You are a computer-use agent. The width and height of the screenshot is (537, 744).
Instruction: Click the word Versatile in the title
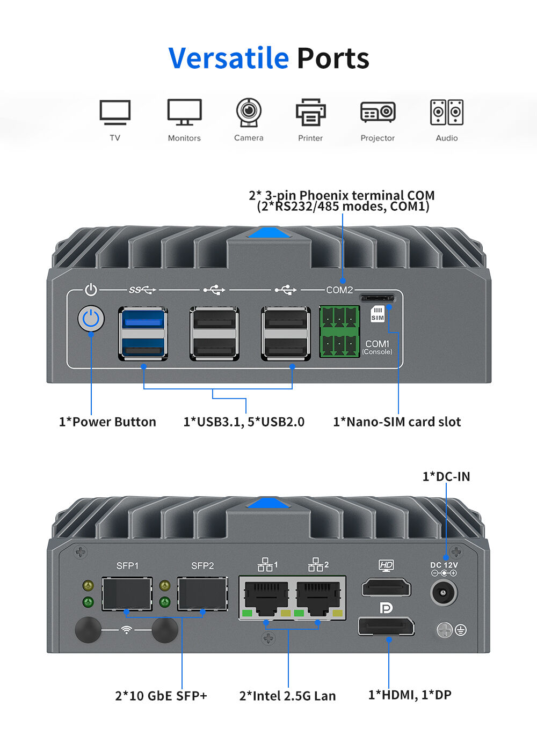tap(229, 58)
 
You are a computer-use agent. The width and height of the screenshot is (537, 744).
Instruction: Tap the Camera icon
tap(249, 112)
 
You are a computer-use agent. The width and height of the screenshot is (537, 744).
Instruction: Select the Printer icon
tap(310, 112)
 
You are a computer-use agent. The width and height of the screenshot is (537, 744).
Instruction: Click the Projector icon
tap(378, 112)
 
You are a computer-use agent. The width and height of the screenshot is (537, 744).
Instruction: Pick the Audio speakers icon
tap(447, 112)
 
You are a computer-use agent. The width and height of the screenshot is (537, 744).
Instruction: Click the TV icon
tap(115, 112)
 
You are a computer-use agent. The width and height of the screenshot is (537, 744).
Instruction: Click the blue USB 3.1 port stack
tap(143, 334)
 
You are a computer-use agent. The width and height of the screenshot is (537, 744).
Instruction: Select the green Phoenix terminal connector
tap(339, 332)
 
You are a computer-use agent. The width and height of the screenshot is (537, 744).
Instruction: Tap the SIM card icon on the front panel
tap(378, 314)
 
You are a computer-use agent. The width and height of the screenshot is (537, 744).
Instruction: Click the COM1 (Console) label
tap(377, 347)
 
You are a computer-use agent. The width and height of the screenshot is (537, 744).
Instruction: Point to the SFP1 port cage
tap(127, 594)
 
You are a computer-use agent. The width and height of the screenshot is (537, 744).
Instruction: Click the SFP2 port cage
tap(202, 594)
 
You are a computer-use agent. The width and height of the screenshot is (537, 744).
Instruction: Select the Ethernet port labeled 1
tap(265, 598)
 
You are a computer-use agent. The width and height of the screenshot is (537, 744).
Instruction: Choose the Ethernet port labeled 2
tap(318, 598)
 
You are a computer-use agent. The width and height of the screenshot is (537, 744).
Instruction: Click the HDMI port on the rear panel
tap(386, 588)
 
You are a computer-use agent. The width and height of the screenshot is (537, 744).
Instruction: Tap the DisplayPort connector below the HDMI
tap(386, 626)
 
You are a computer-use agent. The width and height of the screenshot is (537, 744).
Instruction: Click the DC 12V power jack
tap(444, 593)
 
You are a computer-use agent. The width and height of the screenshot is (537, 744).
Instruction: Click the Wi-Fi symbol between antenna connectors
tap(126, 630)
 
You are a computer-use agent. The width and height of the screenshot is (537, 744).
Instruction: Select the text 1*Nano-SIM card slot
tap(397, 422)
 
